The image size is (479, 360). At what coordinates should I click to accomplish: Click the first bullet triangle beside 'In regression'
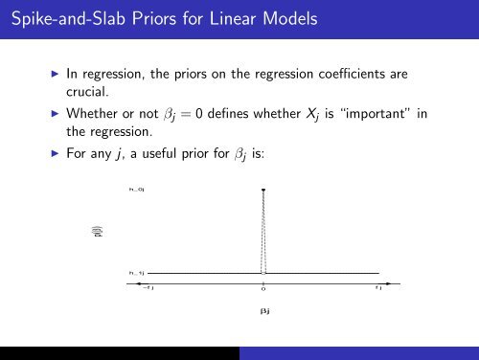[x=55, y=72]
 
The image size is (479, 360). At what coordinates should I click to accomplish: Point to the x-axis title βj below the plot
[x=263, y=311]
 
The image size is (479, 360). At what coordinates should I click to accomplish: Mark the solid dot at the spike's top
[x=262, y=191]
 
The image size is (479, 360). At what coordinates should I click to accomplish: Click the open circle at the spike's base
[x=262, y=273]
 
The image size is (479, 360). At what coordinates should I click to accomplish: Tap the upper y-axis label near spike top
[x=136, y=191]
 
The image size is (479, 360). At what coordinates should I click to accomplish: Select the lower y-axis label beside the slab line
[x=136, y=273]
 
